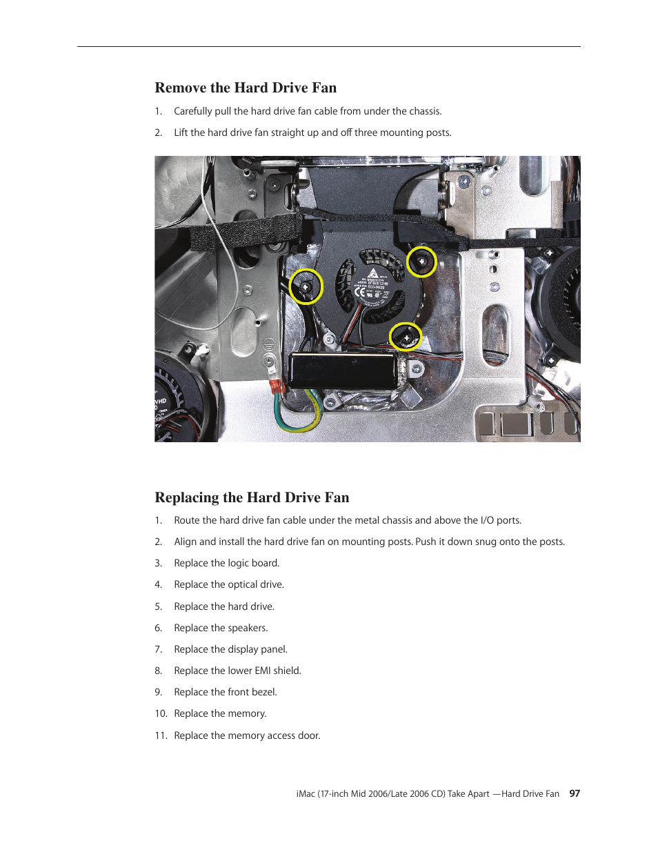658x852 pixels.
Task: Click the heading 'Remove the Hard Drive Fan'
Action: [x=246, y=88]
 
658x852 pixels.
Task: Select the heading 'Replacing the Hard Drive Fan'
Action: [x=252, y=497]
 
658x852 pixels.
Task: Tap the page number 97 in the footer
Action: [x=575, y=793]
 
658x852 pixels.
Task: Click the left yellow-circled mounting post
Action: [x=306, y=286]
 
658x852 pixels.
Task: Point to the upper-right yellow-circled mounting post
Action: [x=421, y=262]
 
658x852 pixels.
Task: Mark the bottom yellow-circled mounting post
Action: [x=406, y=337]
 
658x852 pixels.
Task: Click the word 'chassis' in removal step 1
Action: [x=424, y=111]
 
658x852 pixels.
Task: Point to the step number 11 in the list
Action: [x=161, y=735]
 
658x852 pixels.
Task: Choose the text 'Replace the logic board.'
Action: [x=226, y=563]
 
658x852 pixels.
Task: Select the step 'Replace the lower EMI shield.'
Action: [x=237, y=671]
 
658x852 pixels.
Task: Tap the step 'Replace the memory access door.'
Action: [x=247, y=735]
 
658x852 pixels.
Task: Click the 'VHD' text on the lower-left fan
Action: [x=161, y=401]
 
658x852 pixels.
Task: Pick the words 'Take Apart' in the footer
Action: [x=468, y=794]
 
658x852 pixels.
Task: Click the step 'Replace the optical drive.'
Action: [x=229, y=584]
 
